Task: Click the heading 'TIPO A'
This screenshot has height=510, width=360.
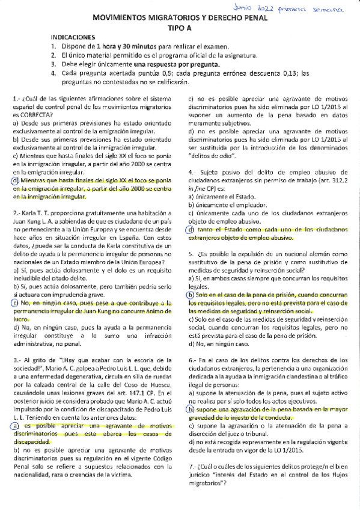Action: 178,28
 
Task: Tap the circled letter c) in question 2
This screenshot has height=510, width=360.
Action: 16,303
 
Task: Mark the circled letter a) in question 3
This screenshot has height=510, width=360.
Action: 16,426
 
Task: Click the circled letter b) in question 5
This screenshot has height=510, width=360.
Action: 191,295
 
